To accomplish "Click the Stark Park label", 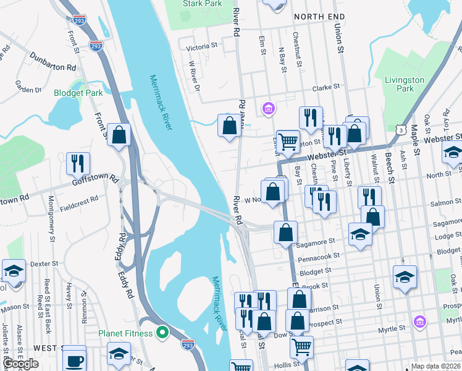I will click(x=202, y=4).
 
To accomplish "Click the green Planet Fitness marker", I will click(x=162, y=333).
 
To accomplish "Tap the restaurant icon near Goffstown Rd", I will click(x=78, y=164).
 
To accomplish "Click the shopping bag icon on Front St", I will click(x=119, y=134).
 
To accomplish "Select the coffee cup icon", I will click(x=75, y=359).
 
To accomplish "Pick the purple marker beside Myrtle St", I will click(x=419, y=322).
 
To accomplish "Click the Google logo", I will click(x=21, y=364).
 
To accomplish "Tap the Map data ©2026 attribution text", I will click(x=435, y=366).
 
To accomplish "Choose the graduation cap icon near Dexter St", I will click(x=14, y=271).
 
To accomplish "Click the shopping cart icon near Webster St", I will click(x=288, y=142).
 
